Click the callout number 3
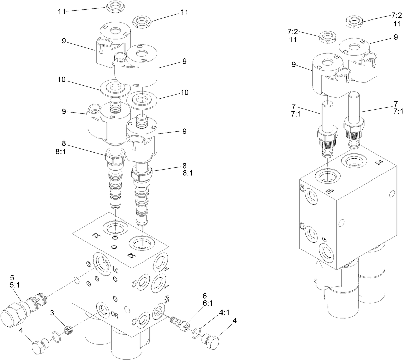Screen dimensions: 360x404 (x=52, y=312)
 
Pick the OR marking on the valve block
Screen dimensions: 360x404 (x=115, y=314)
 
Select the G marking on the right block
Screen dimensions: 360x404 (x=324, y=239)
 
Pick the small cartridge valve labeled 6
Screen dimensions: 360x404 (x=180, y=323)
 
